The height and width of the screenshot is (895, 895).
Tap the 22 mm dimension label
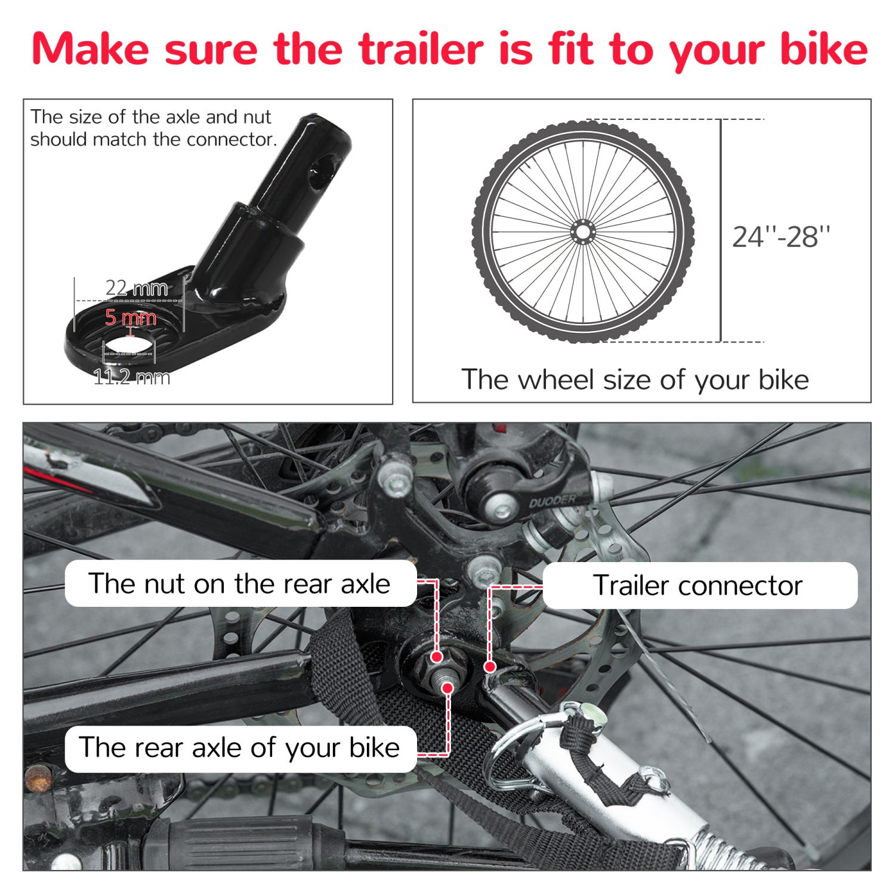[137, 288]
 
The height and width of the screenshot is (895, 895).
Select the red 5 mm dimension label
[131, 317]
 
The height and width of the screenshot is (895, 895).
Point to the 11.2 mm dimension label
[132, 377]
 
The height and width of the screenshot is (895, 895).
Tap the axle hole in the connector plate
[129, 345]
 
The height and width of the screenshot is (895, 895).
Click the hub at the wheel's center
[583, 232]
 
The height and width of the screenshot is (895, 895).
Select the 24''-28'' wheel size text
[781, 237]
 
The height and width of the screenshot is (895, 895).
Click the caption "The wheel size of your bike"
[635, 379]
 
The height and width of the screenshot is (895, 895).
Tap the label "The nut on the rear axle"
[240, 584]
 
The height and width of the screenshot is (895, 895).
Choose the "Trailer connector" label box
[699, 585]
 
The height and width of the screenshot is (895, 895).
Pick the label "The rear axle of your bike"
[240, 748]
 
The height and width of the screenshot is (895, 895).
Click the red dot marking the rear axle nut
[437, 657]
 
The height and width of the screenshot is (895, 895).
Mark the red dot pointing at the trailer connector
[490, 666]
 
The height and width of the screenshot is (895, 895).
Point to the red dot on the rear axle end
[447, 688]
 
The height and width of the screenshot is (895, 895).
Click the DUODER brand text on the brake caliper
[553, 501]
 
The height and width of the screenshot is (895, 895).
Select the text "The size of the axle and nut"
[151, 117]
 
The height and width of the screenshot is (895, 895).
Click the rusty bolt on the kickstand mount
[39, 779]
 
